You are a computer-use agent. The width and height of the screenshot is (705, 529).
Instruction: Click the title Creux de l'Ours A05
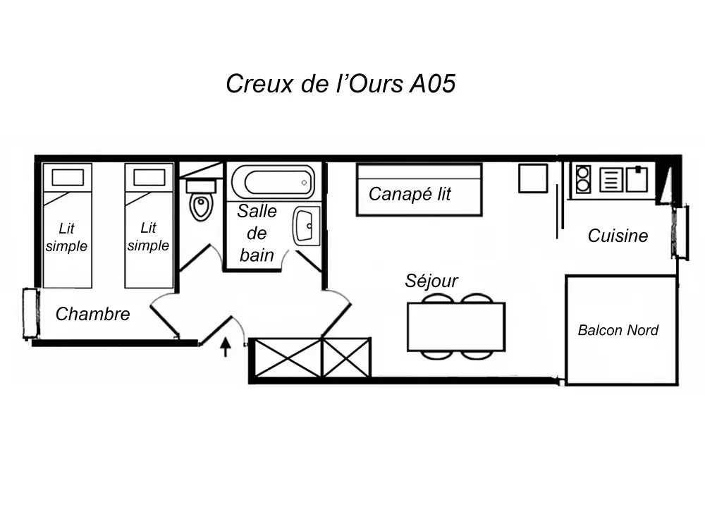[341, 83]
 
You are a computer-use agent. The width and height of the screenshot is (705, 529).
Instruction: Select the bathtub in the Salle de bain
[273, 182]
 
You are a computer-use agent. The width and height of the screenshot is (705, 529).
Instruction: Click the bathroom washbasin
[307, 226]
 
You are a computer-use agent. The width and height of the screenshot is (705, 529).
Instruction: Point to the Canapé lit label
[410, 194]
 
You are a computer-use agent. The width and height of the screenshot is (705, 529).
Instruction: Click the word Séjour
[431, 281]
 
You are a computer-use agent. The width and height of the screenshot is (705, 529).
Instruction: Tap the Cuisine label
[618, 236]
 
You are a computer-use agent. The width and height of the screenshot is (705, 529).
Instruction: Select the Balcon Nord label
[618, 330]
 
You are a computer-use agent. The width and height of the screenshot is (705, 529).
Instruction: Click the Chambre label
[92, 314]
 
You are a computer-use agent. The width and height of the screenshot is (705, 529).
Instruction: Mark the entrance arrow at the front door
[226, 346]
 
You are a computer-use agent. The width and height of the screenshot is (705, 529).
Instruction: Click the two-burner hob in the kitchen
[583, 179]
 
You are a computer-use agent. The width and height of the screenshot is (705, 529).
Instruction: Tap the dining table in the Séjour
[456, 327]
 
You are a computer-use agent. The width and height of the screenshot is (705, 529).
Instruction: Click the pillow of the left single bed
[68, 177]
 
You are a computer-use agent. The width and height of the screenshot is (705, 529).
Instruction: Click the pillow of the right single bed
[149, 177]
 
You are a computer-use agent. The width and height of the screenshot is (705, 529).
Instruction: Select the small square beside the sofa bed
[533, 178]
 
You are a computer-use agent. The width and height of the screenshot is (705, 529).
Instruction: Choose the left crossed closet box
[288, 358]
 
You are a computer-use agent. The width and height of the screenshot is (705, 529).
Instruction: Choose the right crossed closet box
[346, 358]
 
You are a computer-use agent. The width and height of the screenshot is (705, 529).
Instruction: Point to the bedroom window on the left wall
[30, 313]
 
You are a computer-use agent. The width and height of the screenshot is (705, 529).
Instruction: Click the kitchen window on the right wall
[680, 231]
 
